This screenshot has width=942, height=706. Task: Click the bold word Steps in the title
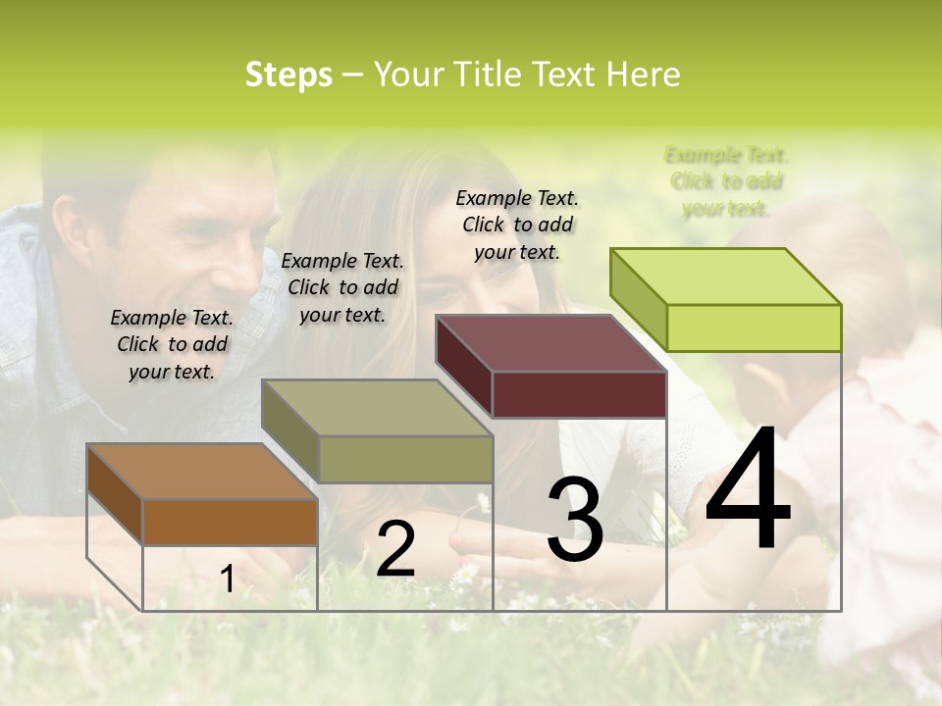click(288, 75)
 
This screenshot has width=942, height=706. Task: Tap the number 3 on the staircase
click(575, 520)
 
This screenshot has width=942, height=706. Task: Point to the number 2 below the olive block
click(395, 549)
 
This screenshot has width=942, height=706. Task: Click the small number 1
click(227, 580)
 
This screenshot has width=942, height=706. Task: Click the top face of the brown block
click(201, 472)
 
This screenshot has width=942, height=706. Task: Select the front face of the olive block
click(405, 459)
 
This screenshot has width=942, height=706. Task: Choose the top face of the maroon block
click(549, 343)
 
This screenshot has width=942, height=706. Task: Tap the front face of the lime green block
click(753, 328)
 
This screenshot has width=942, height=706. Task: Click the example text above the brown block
click(172, 344)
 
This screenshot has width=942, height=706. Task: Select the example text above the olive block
click(342, 287)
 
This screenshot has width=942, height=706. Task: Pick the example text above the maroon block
click(517, 225)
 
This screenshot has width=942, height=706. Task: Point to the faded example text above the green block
click(726, 181)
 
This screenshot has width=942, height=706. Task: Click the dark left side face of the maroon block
click(463, 368)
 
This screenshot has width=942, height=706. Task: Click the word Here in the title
click(644, 75)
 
